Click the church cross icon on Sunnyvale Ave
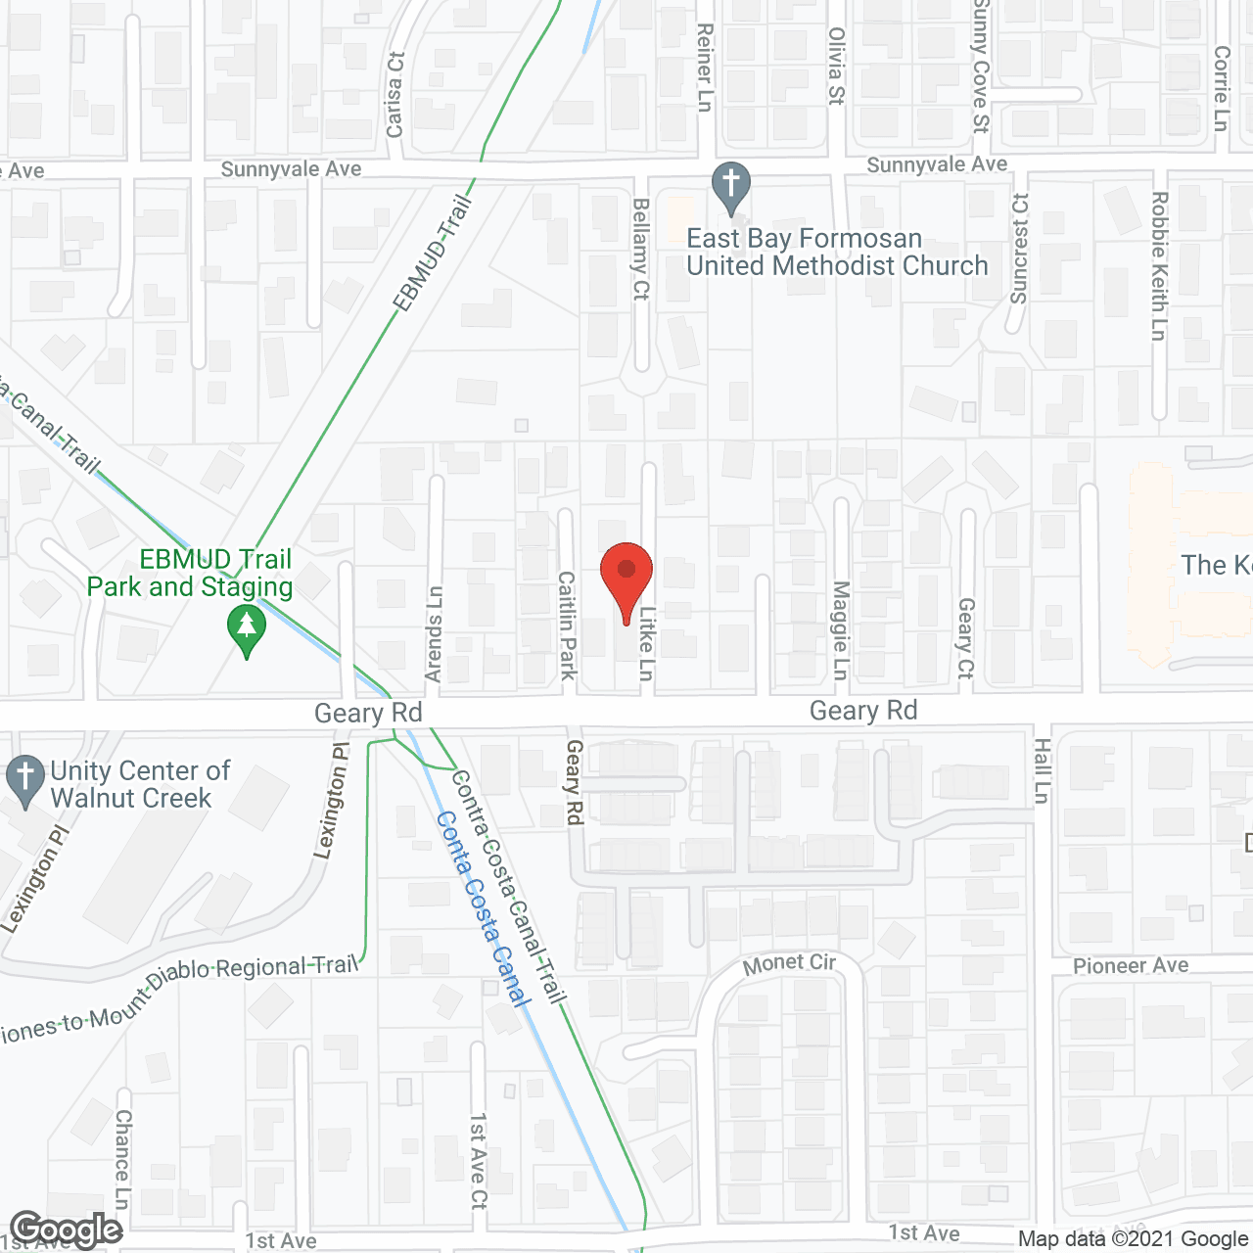click(x=730, y=186)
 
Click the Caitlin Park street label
click(x=567, y=626)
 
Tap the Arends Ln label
click(x=435, y=633)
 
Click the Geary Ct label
click(x=966, y=638)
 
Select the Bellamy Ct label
click(x=641, y=249)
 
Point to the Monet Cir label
click(x=789, y=964)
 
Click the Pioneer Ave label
click(x=1131, y=966)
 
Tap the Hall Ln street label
click(x=1042, y=770)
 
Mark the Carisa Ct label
click(x=394, y=94)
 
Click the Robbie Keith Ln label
click(x=1159, y=265)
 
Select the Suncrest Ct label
click(x=1019, y=249)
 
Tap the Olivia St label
click(x=836, y=66)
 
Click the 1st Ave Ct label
click(x=478, y=1160)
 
